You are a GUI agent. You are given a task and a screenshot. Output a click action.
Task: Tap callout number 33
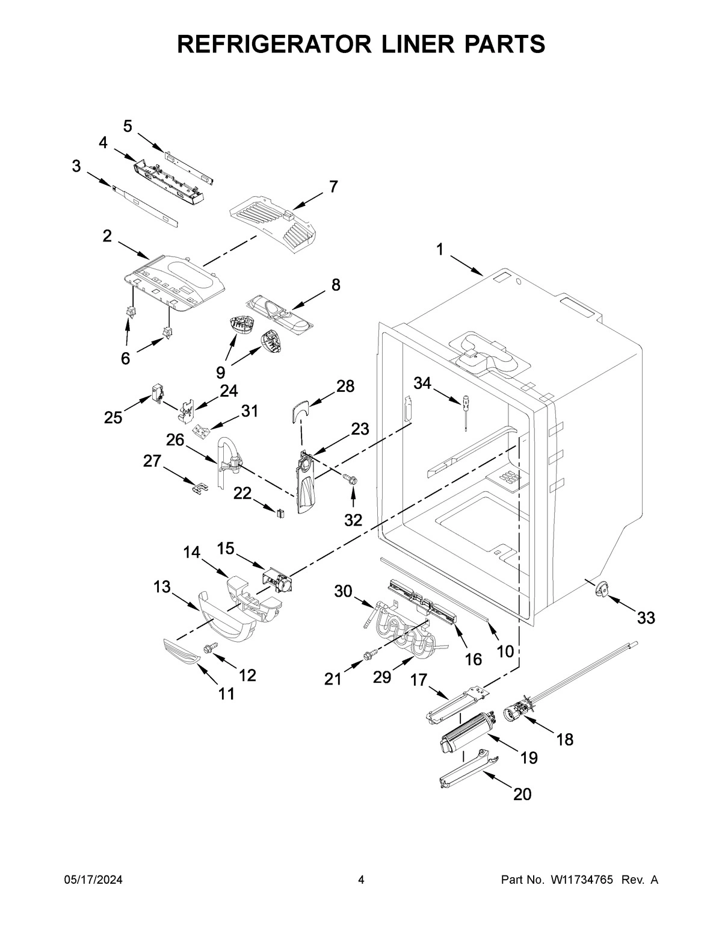pos(646,618)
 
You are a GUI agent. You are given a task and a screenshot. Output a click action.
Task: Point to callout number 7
pos(333,187)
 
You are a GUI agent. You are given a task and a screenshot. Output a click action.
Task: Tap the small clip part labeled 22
pos(280,513)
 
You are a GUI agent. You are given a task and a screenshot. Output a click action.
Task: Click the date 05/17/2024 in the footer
pos(93,880)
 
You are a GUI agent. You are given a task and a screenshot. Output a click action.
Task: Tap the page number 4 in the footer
pos(361,880)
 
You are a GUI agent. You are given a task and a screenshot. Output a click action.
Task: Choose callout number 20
pos(522,794)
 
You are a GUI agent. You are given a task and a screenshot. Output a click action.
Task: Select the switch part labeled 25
pos(158,393)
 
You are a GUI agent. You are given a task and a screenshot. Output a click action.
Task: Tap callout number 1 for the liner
pos(440,249)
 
